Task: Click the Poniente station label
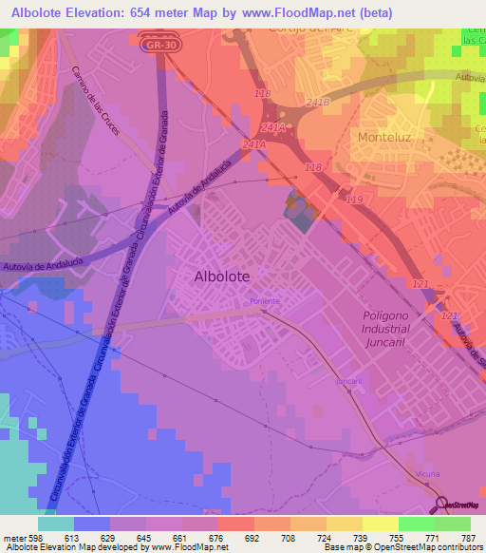click(265, 301)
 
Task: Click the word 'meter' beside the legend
click(13, 537)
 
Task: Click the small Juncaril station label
click(349, 381)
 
